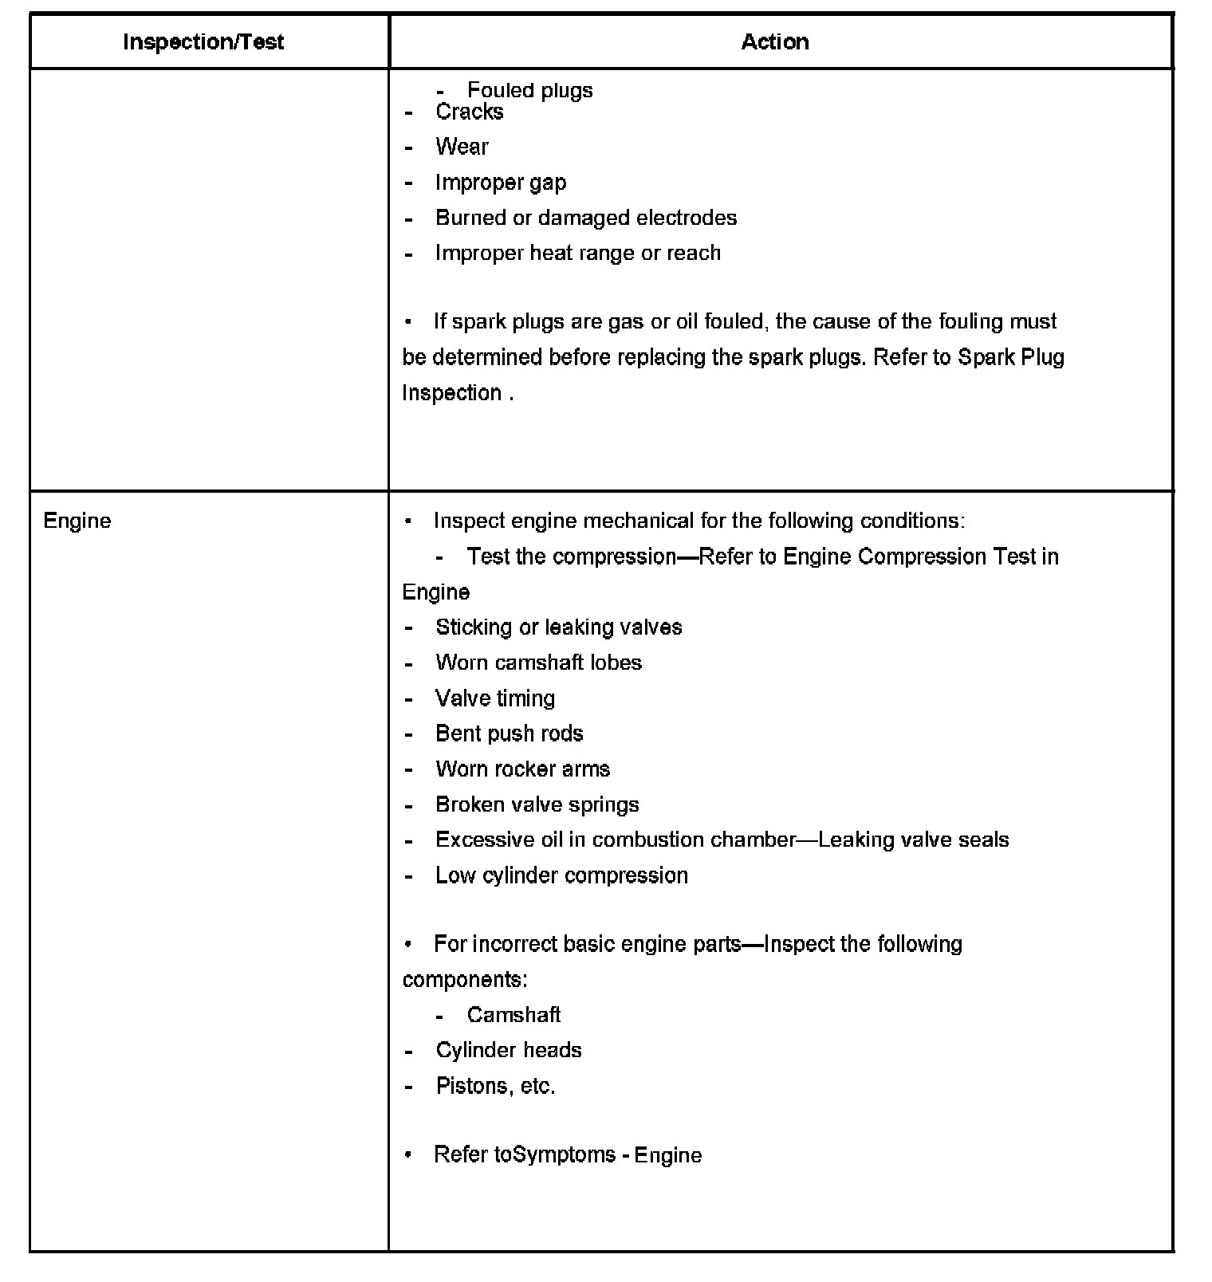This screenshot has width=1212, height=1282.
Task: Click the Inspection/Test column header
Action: pos(203,42)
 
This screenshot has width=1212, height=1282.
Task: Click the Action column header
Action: pos(775,42)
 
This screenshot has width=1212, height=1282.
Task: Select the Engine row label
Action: pos(77,521)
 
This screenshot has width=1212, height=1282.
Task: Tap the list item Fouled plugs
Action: pos(529,90)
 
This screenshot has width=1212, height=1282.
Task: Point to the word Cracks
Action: pos(469,112)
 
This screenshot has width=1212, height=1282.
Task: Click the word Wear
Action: pos(462,147)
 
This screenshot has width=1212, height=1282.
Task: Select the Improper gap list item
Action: pos(501,183)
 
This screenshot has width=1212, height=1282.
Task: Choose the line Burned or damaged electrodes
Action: pos(586,218)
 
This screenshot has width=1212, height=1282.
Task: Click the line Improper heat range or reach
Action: pos(578,253)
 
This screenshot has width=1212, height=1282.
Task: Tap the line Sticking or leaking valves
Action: pos(558,627)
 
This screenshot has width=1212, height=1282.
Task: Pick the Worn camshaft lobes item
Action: pos(538,663)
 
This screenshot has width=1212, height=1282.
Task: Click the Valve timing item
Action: pos(495,698)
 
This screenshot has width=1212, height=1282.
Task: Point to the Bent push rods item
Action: pos(509,733)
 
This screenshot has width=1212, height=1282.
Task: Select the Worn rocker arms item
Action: pos(522,769)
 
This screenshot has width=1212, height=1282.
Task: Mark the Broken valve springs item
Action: pos(537,804)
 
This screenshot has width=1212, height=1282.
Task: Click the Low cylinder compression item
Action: pos(561,875)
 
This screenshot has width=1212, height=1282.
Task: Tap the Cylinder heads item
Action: pos(508,1050)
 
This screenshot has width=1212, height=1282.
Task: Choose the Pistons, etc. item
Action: pos(495,1086)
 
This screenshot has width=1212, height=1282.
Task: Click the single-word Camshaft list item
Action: pos(514,1015)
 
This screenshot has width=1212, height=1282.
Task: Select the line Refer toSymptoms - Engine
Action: pos(568,1155)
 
